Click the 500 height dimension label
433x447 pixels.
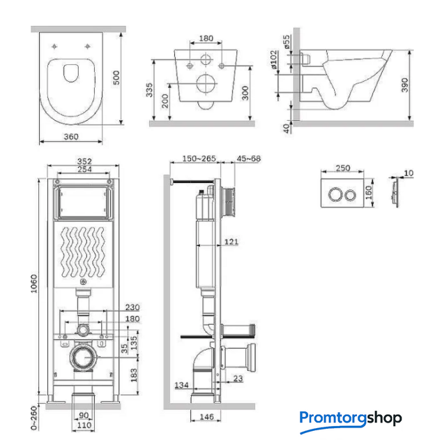[116, 78]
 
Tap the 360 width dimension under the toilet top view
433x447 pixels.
[71, 137]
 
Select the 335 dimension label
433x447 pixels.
[149, 90]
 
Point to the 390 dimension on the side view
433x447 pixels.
[404, 85]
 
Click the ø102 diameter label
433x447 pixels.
[274, 59]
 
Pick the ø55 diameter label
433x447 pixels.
[287, 42]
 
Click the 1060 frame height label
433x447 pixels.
[34, 284]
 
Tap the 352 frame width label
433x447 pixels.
[84, 161]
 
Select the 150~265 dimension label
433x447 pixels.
[199, 159]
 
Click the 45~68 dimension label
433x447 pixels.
[248, 159]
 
